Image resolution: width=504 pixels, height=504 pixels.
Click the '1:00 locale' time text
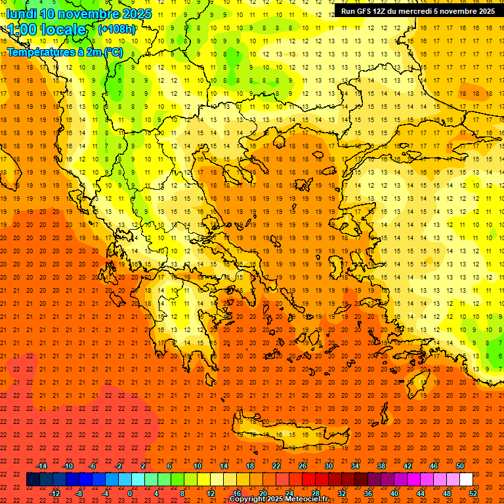(x=47, y=30)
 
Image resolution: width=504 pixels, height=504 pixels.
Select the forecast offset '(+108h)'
(x=116, y=30)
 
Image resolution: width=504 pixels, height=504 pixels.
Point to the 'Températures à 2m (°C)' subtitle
(x=64, y=52)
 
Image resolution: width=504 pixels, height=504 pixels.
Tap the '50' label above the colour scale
(x=459, y=466)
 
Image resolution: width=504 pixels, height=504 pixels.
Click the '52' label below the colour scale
(x=473, y=493)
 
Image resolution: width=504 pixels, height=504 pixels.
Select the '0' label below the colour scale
(x=131, y=493)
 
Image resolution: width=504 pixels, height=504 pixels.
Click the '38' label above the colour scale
(x=381, y=466)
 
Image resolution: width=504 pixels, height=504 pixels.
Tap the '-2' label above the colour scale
(x=118, y=466)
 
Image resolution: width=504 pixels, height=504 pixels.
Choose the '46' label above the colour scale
(x=433, y=466)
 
